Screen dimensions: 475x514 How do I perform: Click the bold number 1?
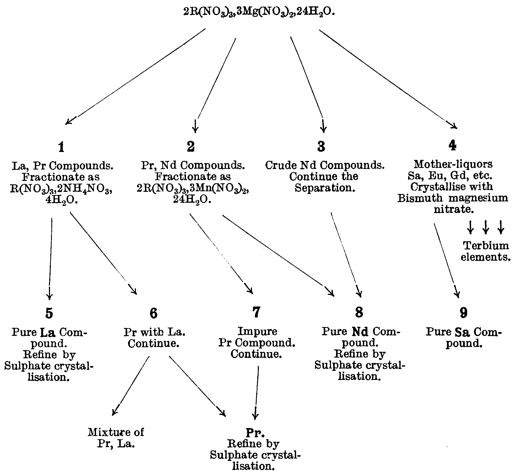click(61, 147)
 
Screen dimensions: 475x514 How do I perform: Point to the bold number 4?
click(452, 145)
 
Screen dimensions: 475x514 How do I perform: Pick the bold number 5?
click(49, 313)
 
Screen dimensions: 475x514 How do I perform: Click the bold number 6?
click(154, 313)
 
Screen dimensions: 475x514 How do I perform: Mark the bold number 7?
click(256, 312)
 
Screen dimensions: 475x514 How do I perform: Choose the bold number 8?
click(359, 312)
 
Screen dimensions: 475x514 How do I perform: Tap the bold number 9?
click(463, 313)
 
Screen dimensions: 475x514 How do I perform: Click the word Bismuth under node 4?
click(420, 198)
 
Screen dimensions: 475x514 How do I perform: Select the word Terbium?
click(486, 245)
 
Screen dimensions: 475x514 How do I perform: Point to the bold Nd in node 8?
click(360, 332)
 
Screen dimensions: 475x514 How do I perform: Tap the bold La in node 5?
click(48, 332)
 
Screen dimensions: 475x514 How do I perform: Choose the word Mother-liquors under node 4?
click(453, 164)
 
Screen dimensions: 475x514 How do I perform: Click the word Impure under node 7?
click(257, 331)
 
